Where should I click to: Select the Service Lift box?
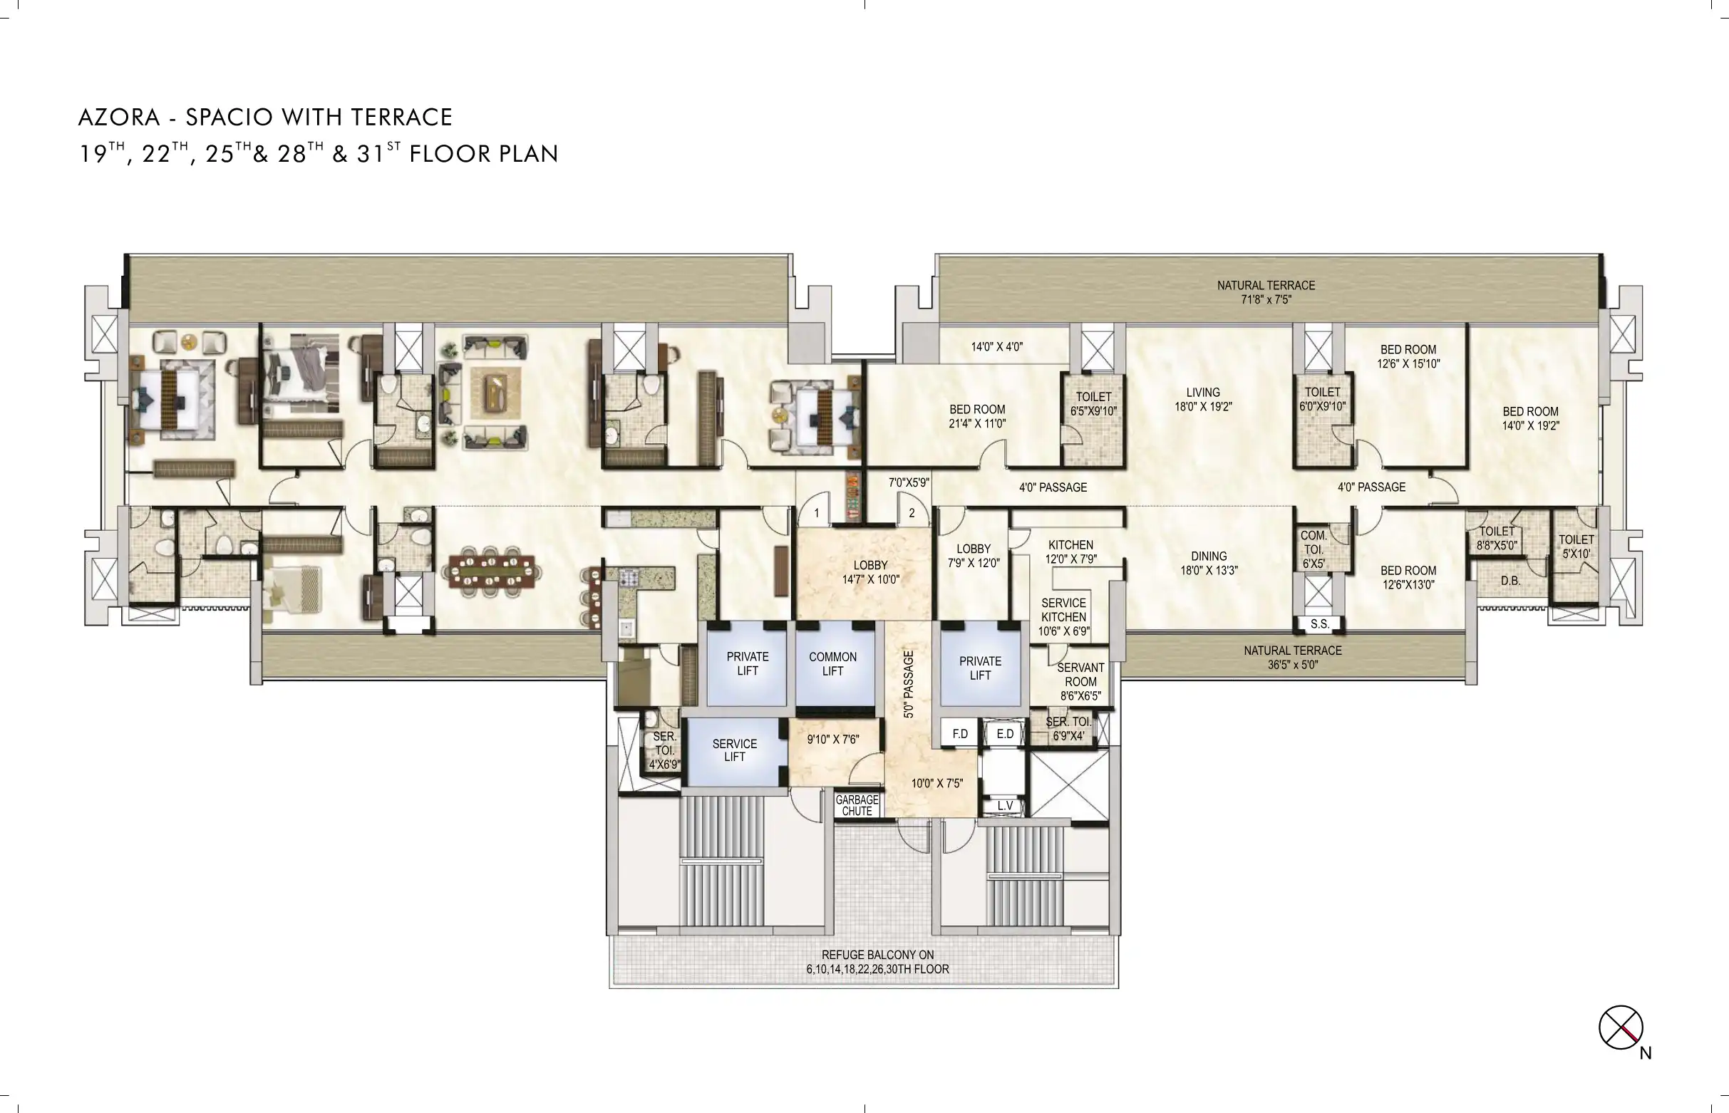[734, 751]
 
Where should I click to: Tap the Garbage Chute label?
[857, 805]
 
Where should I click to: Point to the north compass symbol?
[1621, 1027]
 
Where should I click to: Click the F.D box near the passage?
[960, 734]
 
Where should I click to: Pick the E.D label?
[1005, 734]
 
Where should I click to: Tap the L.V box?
[1005, 806]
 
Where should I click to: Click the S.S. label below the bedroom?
[1319, 623]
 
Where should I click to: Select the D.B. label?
[1510, 580]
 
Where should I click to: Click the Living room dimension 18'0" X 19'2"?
[1203, 407]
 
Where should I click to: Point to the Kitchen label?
[1070, 545]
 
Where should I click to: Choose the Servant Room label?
[1080, 674]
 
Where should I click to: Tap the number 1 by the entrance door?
[817, 513]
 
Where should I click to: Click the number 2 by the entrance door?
[912, 513]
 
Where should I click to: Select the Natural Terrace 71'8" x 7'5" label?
[1266, 292]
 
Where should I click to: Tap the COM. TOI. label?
[1313, 542]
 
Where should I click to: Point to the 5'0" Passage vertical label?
[909, 684]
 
